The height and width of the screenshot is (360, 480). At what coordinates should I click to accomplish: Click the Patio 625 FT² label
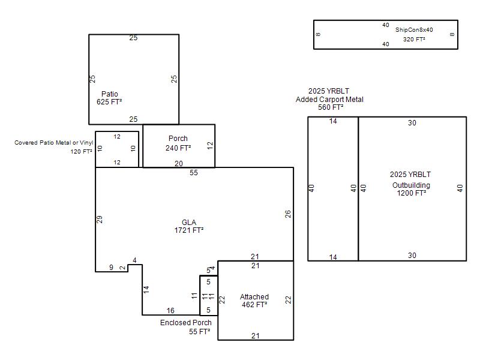pos(109,98)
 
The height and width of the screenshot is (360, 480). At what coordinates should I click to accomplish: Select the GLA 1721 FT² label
pos(189,226)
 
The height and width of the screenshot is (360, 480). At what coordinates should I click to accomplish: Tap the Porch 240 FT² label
pos(178,143)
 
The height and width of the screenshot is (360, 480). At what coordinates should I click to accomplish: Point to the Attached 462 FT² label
pos(254,301)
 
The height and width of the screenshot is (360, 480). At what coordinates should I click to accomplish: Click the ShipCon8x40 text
pos(414,29)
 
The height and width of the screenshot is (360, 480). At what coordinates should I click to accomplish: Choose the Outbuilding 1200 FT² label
pos(411,189)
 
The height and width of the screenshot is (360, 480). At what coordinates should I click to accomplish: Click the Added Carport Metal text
pos(329,100)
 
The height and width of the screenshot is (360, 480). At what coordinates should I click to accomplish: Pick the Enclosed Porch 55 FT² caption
pos(186,327)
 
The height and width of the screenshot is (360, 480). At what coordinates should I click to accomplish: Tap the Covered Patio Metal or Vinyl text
pos(54,143)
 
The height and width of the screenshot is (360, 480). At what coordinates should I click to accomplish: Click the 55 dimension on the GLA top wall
pos(194,173)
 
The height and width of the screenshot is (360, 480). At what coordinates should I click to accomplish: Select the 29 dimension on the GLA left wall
pos(100,220)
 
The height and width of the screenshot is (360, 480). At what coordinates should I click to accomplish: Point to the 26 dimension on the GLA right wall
pos(288,214)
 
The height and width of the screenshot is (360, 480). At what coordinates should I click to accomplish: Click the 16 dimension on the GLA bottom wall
pos(170,311)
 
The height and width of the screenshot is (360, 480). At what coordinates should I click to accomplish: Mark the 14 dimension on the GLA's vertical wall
pos(146,290)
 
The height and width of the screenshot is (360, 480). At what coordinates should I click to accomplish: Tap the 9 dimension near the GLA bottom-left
pos(111,268)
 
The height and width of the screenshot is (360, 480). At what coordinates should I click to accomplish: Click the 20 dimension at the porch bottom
pos(179,164)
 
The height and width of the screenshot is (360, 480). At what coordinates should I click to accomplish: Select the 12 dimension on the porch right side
pos(209,145)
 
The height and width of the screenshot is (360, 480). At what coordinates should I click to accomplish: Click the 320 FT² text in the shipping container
pos(414,39)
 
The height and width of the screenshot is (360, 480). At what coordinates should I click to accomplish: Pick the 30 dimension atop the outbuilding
pos(412,123)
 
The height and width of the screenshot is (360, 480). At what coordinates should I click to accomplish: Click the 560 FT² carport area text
pos(331,107)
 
